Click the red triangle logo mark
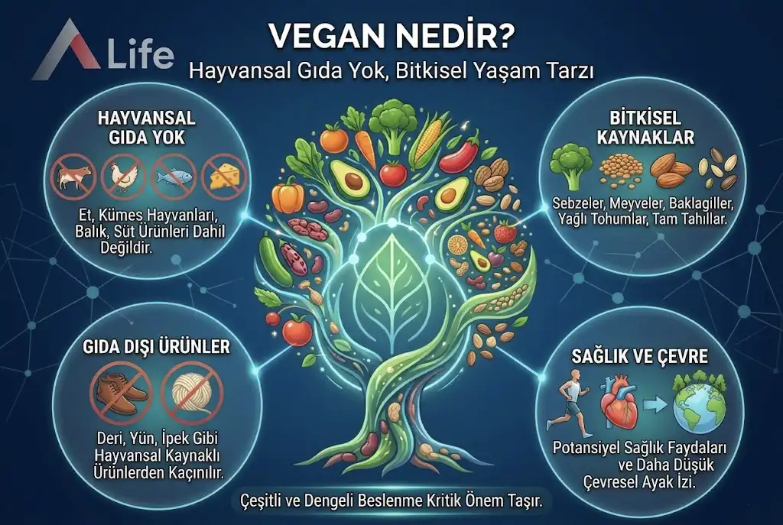pos(65,50)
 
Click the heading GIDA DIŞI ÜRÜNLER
pos(157,347)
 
